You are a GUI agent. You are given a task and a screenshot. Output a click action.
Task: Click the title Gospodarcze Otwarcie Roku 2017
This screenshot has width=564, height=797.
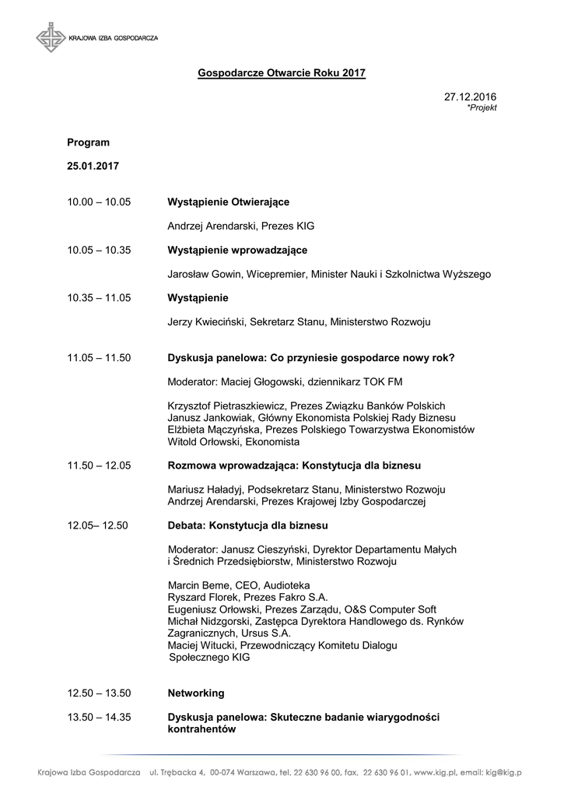(281, 72)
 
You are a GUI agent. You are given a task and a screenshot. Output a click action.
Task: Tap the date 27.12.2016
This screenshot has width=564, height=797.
(470, 97)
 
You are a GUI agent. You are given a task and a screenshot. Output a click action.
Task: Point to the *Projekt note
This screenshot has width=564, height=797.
(482, 108)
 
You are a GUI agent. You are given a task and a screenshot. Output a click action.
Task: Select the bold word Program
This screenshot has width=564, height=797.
(88, 142)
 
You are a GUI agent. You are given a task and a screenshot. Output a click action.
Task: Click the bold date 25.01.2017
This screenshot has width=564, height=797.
(93, 167)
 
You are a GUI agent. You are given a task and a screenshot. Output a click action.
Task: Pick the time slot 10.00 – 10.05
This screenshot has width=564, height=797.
(99, 202)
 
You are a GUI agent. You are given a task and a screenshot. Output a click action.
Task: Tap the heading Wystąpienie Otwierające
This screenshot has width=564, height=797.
(229, 202)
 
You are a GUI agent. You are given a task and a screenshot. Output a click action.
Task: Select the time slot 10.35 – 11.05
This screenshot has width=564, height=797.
(99, 298)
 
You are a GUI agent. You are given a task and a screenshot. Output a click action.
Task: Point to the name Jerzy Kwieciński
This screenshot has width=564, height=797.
(207, 321)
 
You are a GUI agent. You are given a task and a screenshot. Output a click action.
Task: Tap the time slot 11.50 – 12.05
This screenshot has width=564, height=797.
(99, 465)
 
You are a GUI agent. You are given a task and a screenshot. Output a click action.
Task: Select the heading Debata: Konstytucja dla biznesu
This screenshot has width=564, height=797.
(248, 525)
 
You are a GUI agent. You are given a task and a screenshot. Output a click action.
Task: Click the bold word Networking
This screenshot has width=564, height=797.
(196, 693)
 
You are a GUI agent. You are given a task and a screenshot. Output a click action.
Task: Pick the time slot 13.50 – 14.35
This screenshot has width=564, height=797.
(99, 717)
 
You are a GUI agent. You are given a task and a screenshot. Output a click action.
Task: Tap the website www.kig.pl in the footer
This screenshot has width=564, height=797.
(435, 772)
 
